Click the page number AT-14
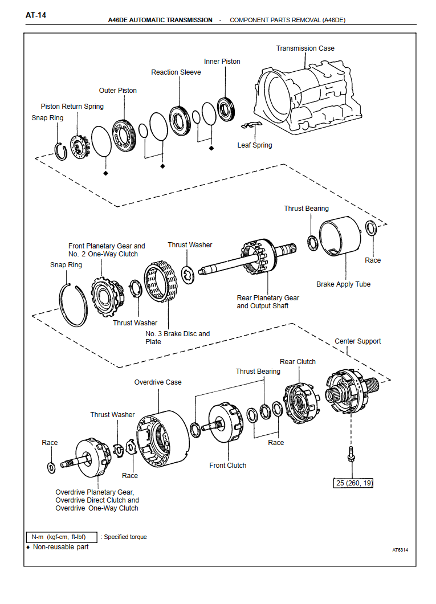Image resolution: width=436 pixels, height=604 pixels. coord(35,15)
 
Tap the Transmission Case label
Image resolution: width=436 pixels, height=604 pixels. coord(305,48)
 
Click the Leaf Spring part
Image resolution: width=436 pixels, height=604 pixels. coord(250,125)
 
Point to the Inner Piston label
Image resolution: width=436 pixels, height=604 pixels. coord(222,62)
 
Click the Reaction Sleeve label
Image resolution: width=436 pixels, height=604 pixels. coord(176,72)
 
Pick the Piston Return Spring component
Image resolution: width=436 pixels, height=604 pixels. coord(80,146)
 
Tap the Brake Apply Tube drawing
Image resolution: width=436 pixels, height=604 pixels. coord(340,239)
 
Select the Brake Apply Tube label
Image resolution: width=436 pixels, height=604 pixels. coord(343,284)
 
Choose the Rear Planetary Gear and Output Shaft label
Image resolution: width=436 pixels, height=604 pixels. coord(268,302)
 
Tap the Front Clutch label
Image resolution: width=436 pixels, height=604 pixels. coord(228,466)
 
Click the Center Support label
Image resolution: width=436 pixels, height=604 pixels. coord(357,341)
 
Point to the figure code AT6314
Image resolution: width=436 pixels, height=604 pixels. coord(400,550)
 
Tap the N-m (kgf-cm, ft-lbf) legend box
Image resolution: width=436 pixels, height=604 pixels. coord(62,537)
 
